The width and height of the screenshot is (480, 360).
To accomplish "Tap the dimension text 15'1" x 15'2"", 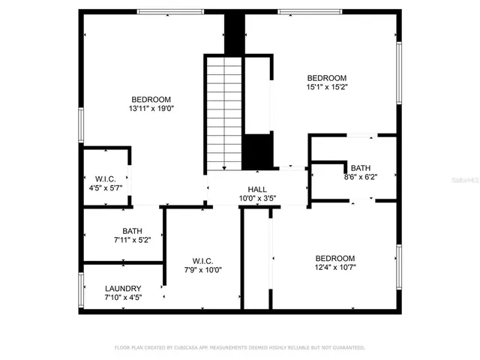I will coord(327,87).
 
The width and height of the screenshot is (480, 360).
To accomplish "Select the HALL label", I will coord(257,189).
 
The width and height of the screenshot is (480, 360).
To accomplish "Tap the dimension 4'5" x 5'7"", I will coord(103,188).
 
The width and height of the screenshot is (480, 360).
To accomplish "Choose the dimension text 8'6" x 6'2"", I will coord(360,177).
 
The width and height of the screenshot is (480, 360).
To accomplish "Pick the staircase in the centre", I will coord(223,112).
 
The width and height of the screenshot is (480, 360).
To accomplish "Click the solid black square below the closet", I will coord(258,150).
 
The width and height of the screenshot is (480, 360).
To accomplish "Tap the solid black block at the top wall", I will coord(235,34).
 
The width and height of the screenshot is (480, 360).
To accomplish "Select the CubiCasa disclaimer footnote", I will coord(240,348).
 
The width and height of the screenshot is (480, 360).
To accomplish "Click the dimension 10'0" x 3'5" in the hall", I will coord(258,199).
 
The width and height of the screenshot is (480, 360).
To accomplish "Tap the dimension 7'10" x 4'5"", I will coord(123,298).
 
